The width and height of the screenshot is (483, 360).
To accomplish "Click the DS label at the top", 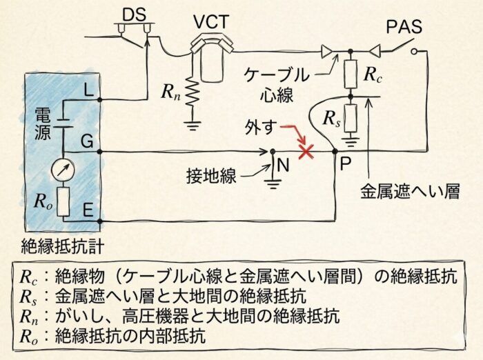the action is pos(135,14).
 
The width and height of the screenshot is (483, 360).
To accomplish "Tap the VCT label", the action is pos(213,22).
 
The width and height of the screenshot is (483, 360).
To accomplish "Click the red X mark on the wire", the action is pos(306,152).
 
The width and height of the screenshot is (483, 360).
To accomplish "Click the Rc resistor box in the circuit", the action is pos(351,74).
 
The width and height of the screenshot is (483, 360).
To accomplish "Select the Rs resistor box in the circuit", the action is pos(351,118).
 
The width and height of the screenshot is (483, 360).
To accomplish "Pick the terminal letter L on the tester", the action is pos(88,90).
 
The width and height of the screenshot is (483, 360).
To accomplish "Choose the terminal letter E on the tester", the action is pos(88,210).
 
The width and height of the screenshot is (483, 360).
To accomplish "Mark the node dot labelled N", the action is pos(273,152).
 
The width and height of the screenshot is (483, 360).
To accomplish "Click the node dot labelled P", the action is pos(335,152).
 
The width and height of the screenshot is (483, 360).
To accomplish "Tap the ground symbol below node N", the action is pos(273,183).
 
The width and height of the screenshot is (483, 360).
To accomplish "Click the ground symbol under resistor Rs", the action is pos(351,141).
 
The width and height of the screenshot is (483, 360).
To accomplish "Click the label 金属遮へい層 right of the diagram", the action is pos(411,191).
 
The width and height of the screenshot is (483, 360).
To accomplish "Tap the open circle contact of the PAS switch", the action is pos(414,52).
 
